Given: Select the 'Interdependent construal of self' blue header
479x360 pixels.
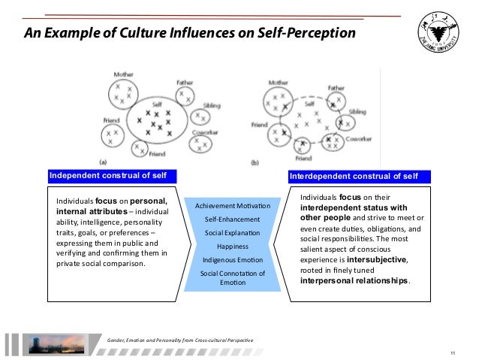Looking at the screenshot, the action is click(359, 177).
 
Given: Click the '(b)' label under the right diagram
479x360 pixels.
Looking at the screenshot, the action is click(255, 161).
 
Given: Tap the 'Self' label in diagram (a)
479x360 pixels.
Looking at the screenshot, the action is click(156, 104).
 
